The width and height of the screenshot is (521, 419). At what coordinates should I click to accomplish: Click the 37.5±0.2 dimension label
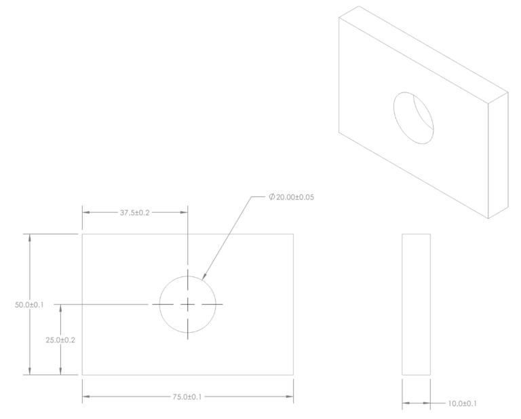tap(135, 213)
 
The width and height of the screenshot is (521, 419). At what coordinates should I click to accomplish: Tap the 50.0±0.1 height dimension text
tap(29, 305)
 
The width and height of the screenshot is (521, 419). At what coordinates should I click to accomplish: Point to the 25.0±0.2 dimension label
tap(60, 340)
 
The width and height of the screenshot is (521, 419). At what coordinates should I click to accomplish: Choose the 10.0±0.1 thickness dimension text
tap(461, 404)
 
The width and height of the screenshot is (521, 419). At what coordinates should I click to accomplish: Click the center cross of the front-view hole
tap(188, 305)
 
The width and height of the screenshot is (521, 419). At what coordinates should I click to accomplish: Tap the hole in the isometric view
tap(413, 117)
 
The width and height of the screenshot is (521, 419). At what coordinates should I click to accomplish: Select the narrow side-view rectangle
tap(416, 304)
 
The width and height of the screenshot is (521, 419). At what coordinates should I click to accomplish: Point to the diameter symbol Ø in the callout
tap(272, 198)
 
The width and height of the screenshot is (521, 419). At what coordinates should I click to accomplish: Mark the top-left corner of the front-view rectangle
tap(83, 234)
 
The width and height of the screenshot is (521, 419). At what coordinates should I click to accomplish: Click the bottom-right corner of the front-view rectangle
tap(293, 374)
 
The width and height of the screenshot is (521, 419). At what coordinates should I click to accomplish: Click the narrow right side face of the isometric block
tap(498, 156)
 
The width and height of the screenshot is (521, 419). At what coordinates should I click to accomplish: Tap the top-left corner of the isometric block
tap(339, 18)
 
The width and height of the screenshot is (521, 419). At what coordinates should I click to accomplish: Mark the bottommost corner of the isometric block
tap(488, 219)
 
